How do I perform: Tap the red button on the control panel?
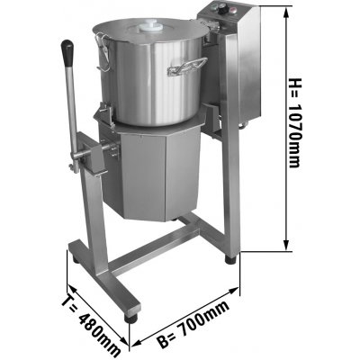(233, 11)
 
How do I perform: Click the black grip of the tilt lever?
(67, 49)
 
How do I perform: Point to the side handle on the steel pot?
(188, 67)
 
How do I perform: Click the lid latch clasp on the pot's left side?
(102, 52)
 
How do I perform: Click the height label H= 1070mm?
(294, 122)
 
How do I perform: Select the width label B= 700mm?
(193, 324)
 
